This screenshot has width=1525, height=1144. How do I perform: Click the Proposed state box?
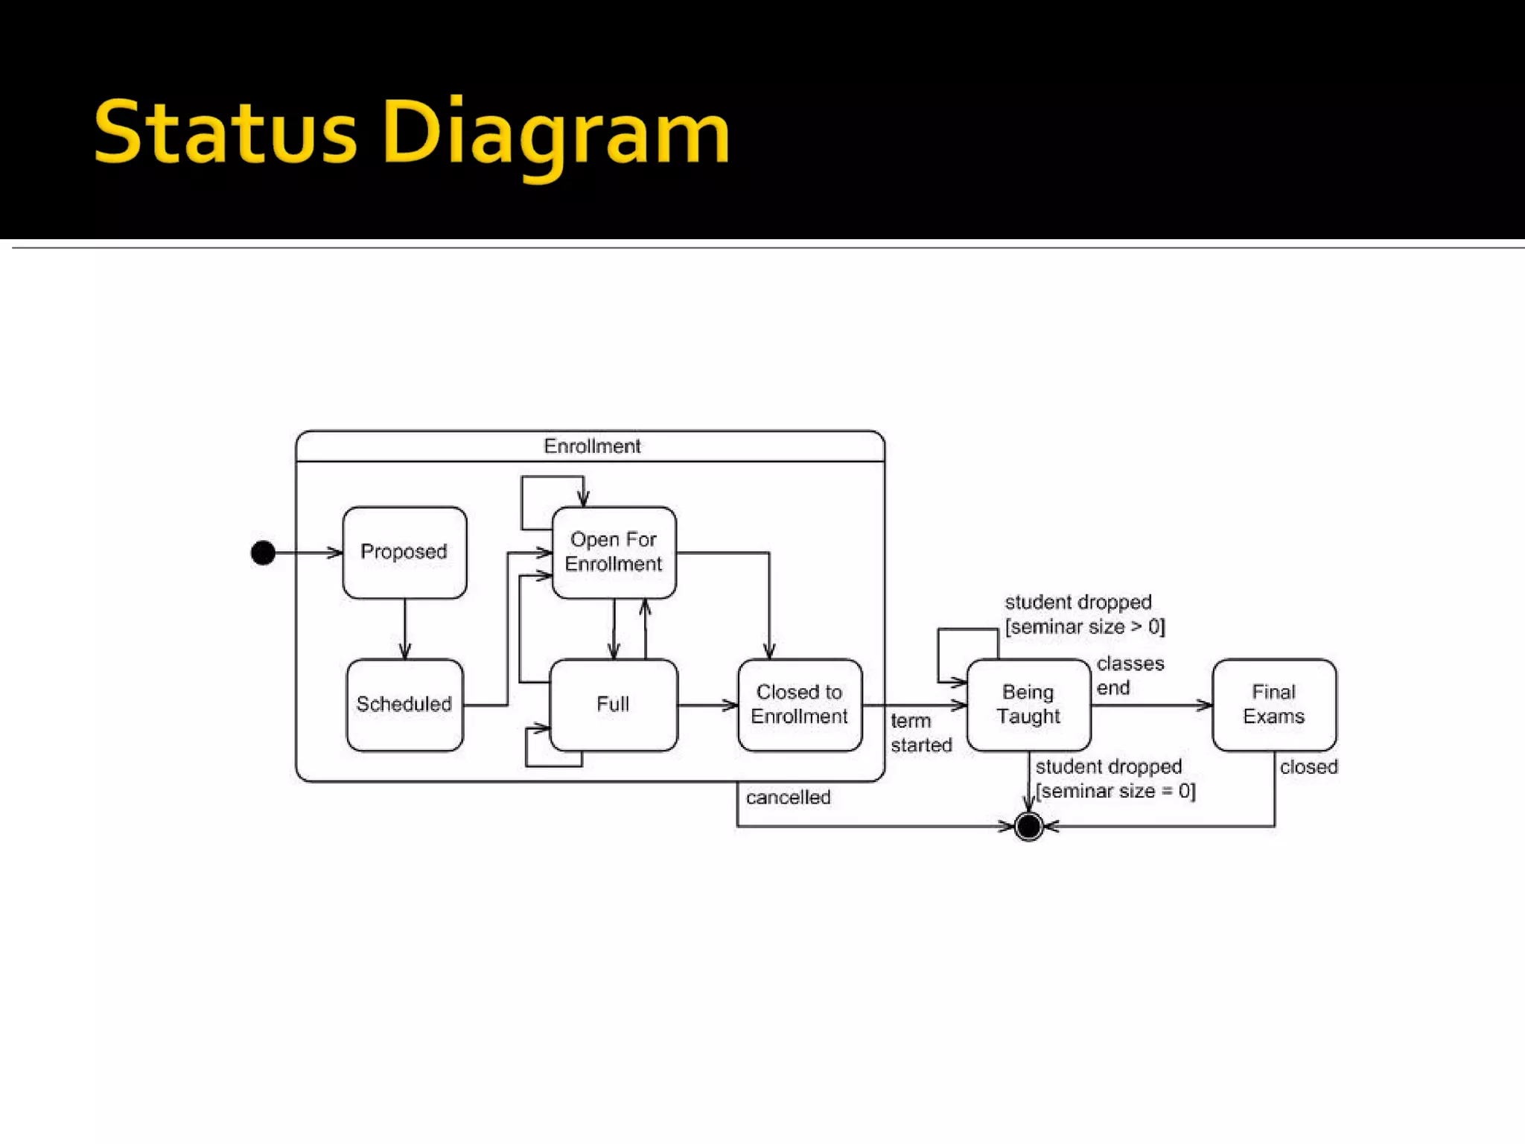coord(404,553)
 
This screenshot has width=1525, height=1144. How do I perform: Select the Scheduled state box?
coord(404,705)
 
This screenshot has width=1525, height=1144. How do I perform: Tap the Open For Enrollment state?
coord(614,553)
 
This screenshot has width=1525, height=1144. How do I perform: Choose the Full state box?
coord(613,705)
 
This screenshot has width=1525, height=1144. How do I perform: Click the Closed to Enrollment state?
coord(799,705)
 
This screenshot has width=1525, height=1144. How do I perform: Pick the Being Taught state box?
coord(1028,705)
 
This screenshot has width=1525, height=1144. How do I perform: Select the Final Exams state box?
coord(1273,705)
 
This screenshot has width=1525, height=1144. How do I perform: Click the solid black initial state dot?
coord(263,553)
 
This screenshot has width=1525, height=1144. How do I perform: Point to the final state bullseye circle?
coord(1028,826)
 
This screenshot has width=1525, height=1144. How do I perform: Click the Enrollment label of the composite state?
coord(592,446)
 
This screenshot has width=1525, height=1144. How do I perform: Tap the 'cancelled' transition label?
coord(788,798)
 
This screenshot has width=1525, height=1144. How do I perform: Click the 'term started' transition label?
coord(920,733)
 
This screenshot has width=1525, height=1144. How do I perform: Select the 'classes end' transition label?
coord(1129,676)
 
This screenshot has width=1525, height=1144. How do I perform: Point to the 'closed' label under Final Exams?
coord(1308,767)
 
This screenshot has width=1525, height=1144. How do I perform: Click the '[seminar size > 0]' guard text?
coord(1084,627)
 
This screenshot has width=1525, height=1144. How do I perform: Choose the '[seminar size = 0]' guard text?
coord(1115,791)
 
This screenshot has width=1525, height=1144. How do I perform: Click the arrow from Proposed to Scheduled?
coord(405,629)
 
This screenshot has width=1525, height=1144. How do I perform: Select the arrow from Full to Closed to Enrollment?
coord(707,705)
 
